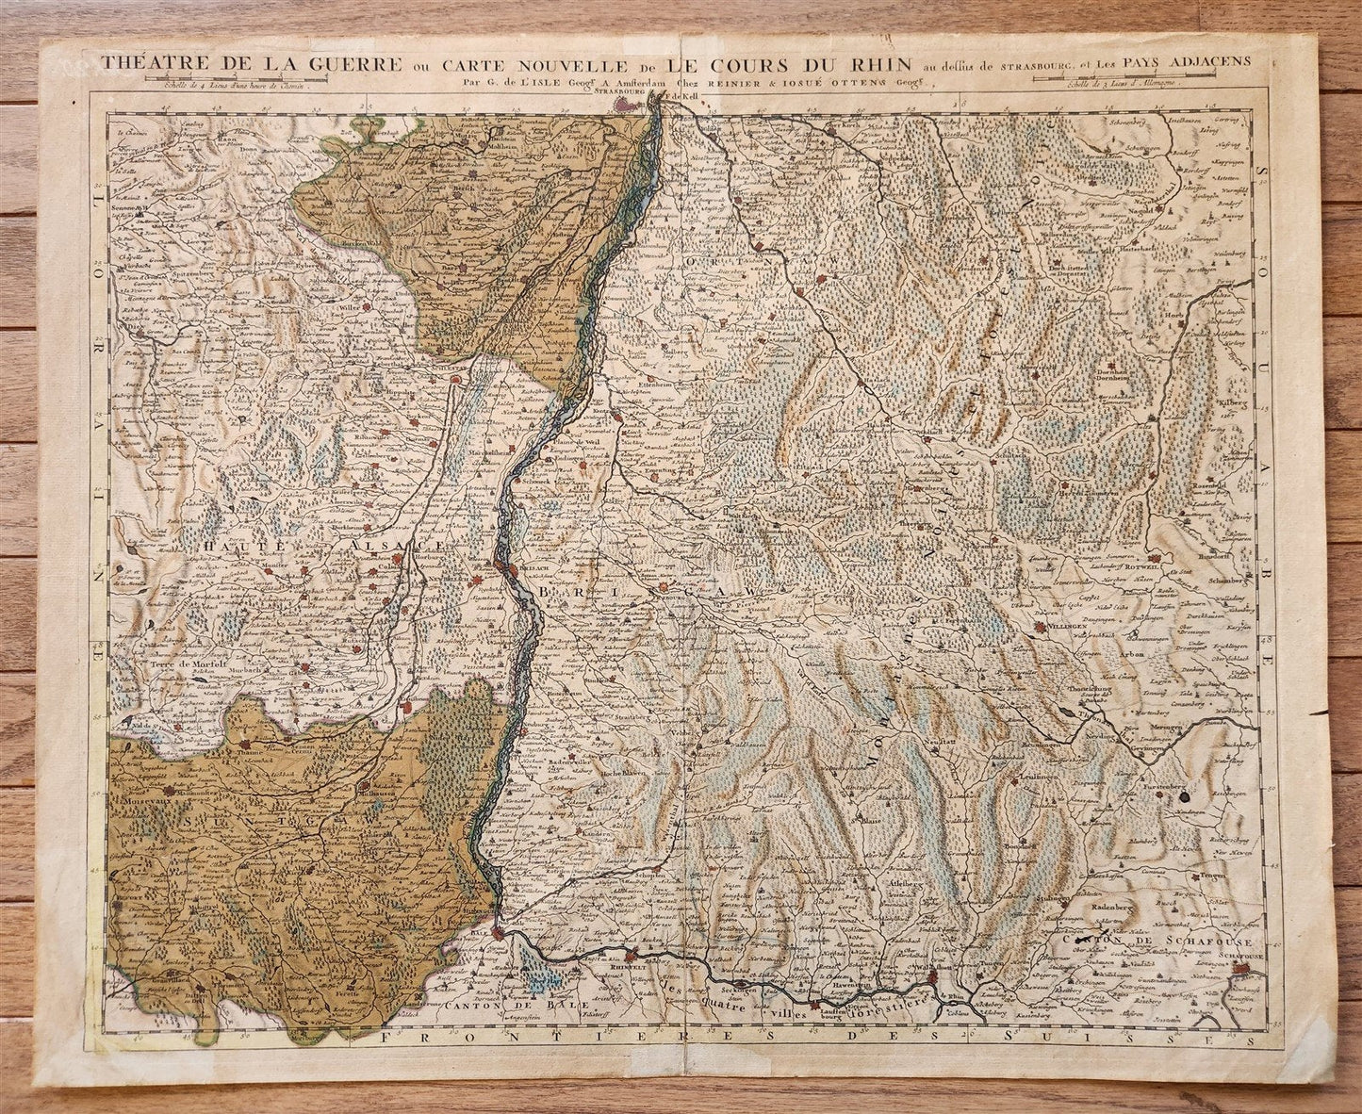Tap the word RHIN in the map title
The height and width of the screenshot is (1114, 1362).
(x=878, y=64)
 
